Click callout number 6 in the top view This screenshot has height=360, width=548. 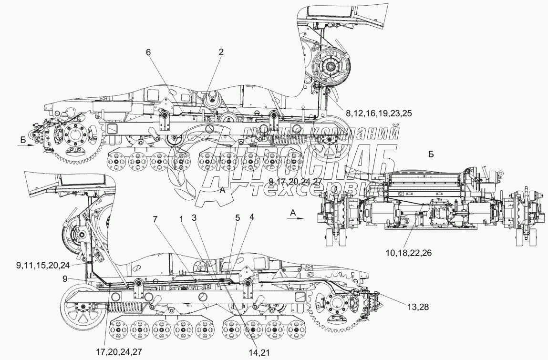click(148, 52)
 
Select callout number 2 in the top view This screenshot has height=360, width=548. click(221, 52)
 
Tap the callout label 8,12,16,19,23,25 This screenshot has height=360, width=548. click(379, 113)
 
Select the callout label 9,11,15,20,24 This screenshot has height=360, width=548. click(43, 265)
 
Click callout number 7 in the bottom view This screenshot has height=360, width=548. click(155, 219)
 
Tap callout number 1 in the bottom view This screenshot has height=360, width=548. click(181, 218)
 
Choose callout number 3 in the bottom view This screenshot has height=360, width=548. click(194, 218)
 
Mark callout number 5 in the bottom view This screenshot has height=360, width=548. click(238, 218)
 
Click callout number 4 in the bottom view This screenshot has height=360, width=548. click(252, 216)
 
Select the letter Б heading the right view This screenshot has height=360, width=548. click(431, 154)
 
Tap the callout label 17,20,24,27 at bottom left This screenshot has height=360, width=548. click(119, 351)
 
